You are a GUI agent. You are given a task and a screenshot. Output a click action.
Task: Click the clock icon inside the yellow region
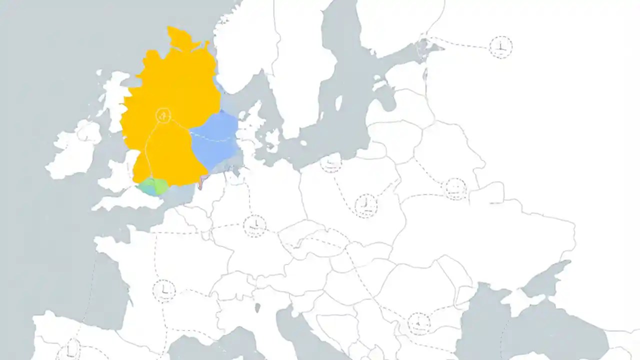click(162, 115)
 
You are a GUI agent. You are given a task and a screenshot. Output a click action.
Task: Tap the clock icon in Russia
click(500, 47)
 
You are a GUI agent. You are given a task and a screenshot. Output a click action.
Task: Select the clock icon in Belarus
click(455, 189)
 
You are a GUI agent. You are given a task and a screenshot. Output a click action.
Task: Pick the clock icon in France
click(164, 291)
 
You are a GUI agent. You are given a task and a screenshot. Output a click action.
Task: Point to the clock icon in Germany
click(255, 225)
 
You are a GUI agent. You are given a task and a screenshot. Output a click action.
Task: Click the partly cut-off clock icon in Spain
click(71, 350)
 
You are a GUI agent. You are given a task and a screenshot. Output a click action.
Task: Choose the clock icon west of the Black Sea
click(419, 323)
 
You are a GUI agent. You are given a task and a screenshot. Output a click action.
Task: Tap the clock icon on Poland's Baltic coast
click(330, 162)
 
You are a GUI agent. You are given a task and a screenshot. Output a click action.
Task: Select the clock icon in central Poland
click(366, 205)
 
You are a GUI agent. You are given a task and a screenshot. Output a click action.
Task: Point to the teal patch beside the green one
click(146, 188)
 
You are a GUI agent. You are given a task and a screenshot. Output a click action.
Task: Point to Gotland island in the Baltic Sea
click(338, 102)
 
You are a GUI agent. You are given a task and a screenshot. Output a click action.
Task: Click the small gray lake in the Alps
click(257, 307)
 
